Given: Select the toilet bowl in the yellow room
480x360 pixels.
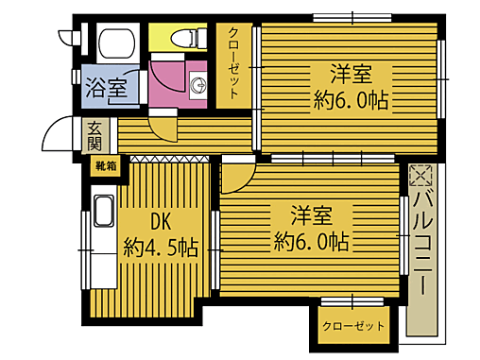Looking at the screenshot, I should click(x=185, y=39).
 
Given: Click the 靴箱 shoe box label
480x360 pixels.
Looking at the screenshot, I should click(x=105, y=166).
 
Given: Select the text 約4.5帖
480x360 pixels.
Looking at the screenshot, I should click(x=160, y=249).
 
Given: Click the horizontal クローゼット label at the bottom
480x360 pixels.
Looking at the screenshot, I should click(x=353, y=326).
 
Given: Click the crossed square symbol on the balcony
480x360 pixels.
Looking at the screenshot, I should click(x=420, y=175).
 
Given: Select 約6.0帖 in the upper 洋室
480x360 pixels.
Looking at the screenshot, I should click(x=351, y=99).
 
